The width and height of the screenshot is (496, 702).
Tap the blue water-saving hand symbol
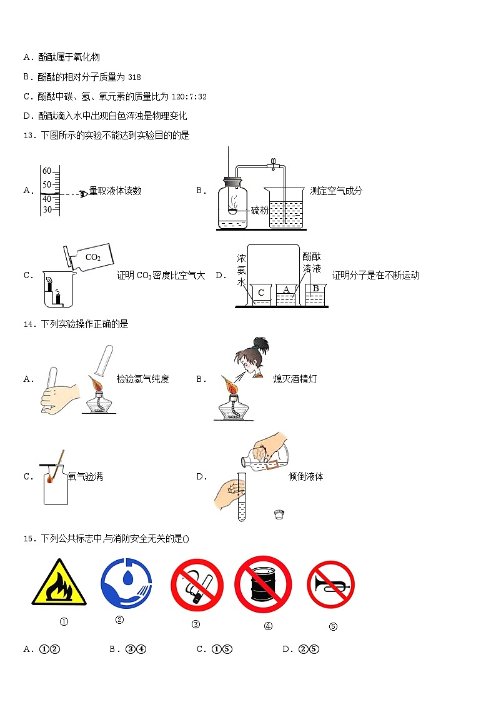click(126, 582)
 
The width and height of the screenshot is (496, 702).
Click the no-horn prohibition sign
click(330, 584)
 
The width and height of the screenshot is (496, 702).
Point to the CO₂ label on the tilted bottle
click(92, 257)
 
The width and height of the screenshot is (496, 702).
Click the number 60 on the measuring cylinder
click(47, 171)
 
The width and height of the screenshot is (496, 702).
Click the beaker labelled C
click(261, 294)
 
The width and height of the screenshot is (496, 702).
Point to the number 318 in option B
click(134, 78)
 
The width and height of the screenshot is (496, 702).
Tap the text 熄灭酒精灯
click(295, 379)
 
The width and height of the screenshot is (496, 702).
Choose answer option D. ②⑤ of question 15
click(301, 649)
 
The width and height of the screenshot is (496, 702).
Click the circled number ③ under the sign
click(196, 624)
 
